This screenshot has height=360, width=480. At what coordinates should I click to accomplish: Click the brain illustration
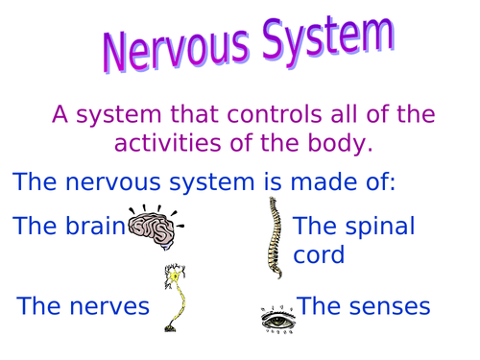(x=154, y=227)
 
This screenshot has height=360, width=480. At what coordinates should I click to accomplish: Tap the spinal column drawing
(x=276, y=237)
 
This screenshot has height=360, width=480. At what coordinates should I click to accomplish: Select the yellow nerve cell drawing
(x=174, y=297)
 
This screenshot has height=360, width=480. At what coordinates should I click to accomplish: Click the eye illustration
(x=276, y=317)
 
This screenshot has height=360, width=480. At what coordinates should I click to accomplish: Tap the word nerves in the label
(x=112, y=306)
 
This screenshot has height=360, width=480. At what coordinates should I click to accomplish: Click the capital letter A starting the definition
(x=61, y=116)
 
